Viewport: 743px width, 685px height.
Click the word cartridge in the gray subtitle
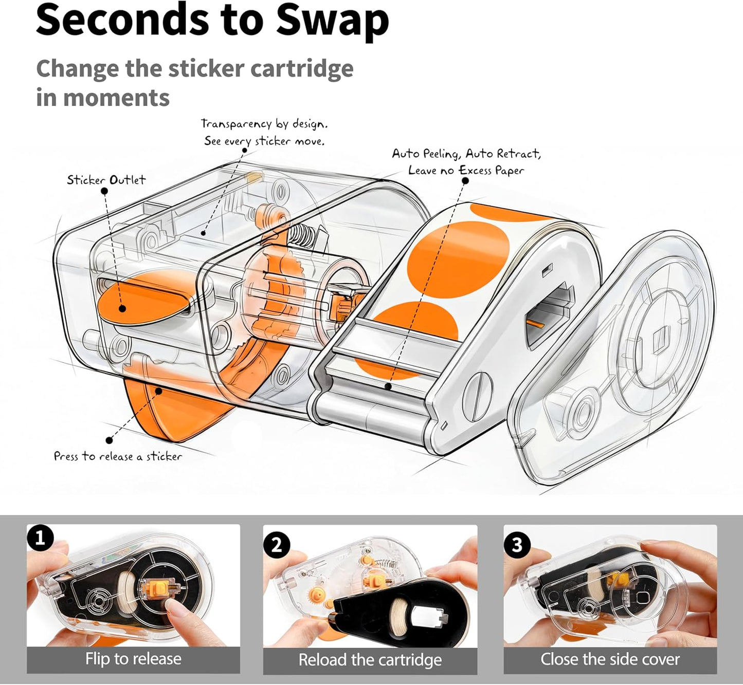pyautogui.click(x=301, y=69)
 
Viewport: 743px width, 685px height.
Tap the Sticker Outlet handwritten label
pyautogui.click(x=106, y=179)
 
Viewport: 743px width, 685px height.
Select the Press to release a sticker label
pyautogui.click(x=118, y=456)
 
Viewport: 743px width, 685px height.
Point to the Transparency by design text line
pyautogui.click(x=264, y=124)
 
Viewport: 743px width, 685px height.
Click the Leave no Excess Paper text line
pyautogui.click(x=466, y=171)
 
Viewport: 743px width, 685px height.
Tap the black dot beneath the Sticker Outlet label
pyautogui.click(x=104, y=191)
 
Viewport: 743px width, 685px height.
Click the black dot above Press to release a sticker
pyautogui.click(x=109, y=440)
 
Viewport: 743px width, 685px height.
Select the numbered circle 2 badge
pyautogui.click(x=277, y=545)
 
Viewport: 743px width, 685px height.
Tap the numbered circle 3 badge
pyautogui.click(x=517, y=545)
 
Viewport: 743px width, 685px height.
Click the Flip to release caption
pyautogui.click(x=133, y=658)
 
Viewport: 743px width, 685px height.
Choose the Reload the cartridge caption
pyautogui.click(x=370, y=660)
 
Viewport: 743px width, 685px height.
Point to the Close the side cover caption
pyautogui.click(x=610, y=659)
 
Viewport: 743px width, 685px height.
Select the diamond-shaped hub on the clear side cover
pyautogui.click(x=661, y=340)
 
